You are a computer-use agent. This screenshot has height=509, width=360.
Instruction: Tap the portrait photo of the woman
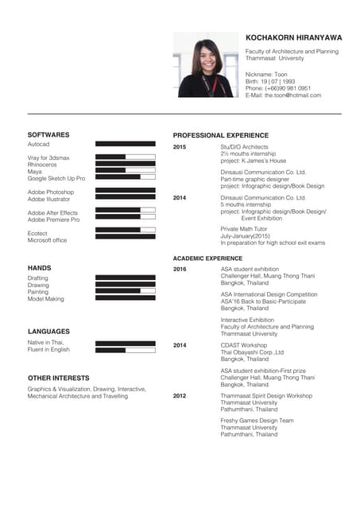[x=206, y=64]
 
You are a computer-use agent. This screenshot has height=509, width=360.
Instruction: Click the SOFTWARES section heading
[x=48, y=135]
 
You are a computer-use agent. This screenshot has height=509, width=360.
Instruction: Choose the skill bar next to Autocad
[x=125, y=144]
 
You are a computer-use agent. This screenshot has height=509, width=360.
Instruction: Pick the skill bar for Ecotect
[x=125, y=230]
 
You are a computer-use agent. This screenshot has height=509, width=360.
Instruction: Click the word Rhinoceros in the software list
[x=44, y=165]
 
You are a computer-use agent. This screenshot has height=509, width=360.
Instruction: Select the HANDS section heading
[x=39, y=268]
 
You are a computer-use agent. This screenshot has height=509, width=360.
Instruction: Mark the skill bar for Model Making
[x=125, y=298]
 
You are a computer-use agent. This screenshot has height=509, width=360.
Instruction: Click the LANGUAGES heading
[x=48, y=331]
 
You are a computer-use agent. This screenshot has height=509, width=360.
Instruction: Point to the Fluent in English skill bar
[x=125, y=350]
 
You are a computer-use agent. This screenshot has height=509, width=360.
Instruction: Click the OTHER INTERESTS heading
[x=58, y=378]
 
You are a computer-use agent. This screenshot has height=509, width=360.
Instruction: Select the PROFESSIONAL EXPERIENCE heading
[x=221, y=135]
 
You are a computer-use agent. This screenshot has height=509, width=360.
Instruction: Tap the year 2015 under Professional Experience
[x=180, y=147]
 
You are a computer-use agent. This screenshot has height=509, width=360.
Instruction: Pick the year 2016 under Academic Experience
[x=180, y=270]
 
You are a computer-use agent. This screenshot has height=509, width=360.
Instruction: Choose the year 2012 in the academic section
[x=180, y=395]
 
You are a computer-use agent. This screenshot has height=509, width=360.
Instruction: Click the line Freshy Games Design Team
[x=257, y=420]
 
